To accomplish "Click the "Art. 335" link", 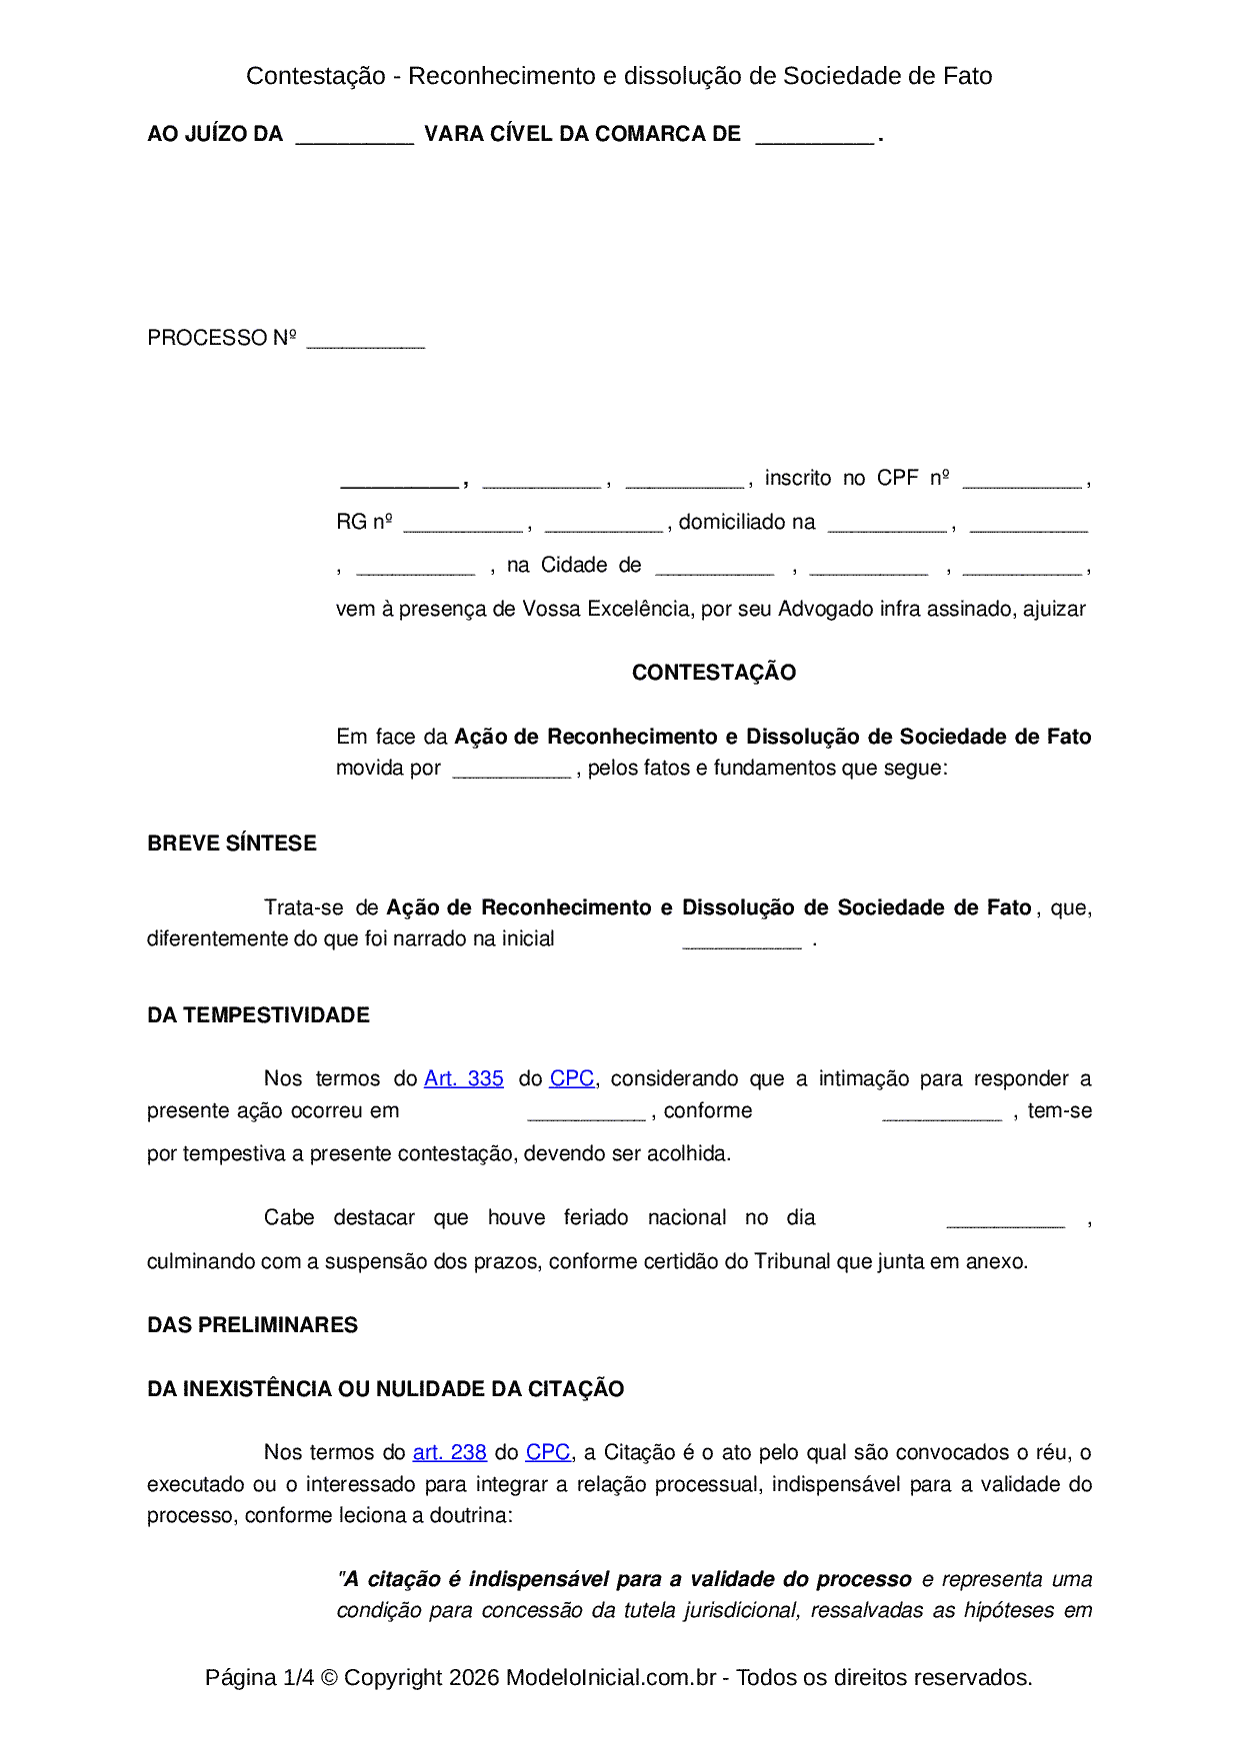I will pyautogui.click(x=464, y=1078).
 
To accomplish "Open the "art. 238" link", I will pyautogui.click(x=449, y=1452).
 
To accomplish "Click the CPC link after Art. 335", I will pyautogui.click(x=572, y=1078).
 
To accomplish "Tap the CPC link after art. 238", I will pyautogui.click(x=548, y=1452).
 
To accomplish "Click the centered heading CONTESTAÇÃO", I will pyautogui.click(x=714, y=673).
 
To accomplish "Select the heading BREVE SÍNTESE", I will pyautogui.click(x=232, y=844).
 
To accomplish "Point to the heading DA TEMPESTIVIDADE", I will pyautogui.click(x=258, y=1015).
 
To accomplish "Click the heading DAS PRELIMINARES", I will pyautogui.click(x=252, y=1325).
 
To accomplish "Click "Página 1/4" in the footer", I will pyautogui.click(x=259, y=1677).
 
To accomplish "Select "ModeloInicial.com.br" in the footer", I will pyautogui.click(x=611, y=1677).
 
